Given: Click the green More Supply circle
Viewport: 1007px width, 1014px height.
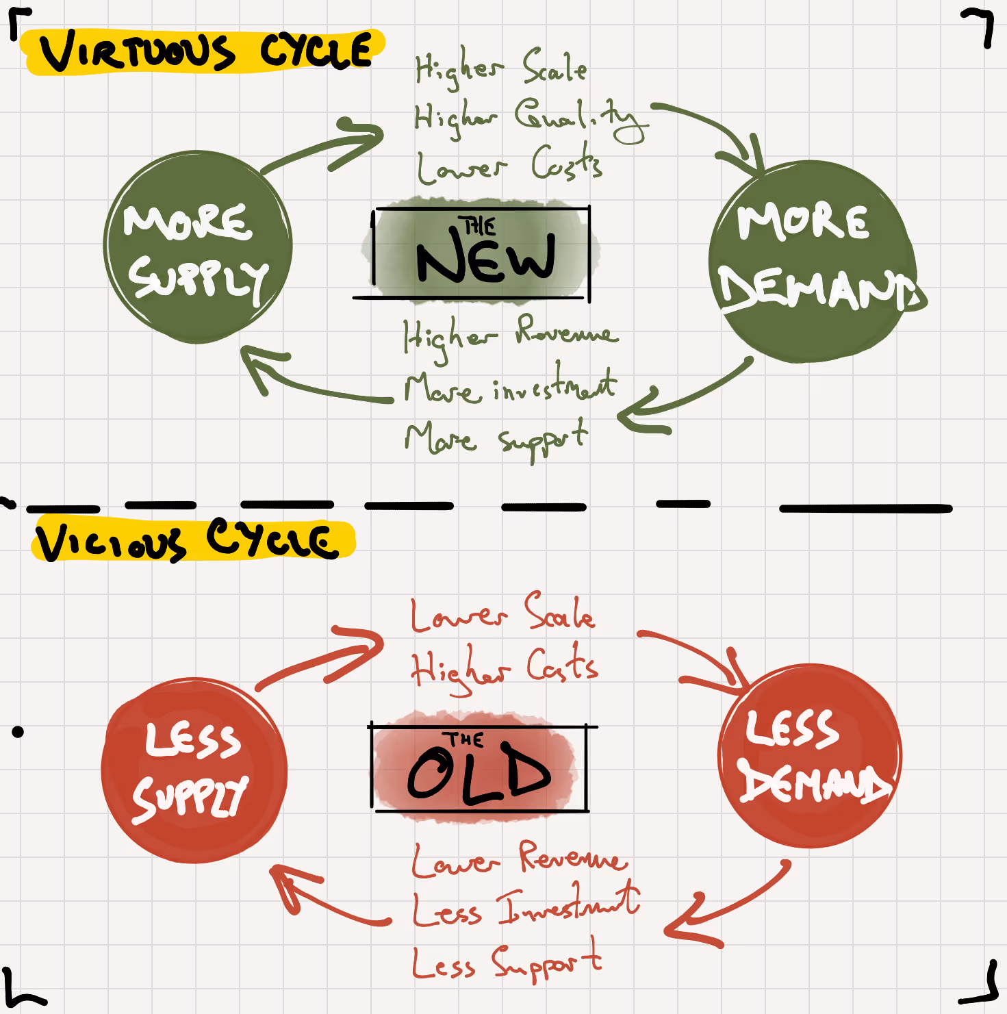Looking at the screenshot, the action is [199, 246].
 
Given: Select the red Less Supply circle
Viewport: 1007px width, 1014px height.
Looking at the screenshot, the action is [194, 770].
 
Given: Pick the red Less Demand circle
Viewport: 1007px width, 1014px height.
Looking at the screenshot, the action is [810, 757].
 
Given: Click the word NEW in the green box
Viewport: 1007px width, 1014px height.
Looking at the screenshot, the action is [485, 259].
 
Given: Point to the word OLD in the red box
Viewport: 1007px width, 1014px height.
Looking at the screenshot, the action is [479, 775].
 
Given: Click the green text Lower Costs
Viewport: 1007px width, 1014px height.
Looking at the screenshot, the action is [509, 166].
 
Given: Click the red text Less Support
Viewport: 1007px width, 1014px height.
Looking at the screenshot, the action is [507, 962].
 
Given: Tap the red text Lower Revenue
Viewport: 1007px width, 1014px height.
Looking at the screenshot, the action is [519, 859].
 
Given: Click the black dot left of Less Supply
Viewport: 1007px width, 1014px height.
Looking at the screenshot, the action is [18, 732].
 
